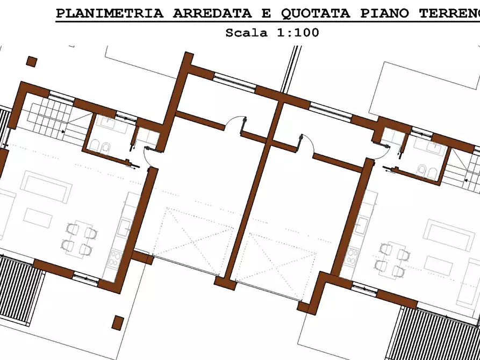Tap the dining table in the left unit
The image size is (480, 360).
(82, 239)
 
